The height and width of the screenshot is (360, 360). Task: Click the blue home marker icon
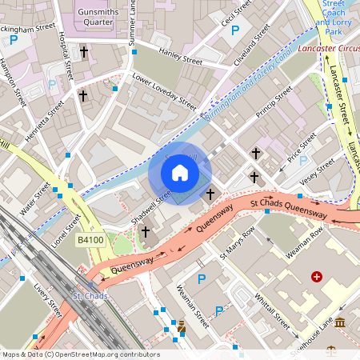[x=180, y=172]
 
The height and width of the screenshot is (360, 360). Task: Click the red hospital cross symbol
[x=317, y=277]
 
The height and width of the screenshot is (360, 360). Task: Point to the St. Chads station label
[x=90, y=297]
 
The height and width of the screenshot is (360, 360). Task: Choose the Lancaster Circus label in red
[x=329, y=50]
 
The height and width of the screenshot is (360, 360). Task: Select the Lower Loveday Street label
[x=164, y=92]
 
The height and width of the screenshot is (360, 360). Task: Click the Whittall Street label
[x=272, y=306]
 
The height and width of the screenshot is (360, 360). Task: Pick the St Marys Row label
[x=238, y=245]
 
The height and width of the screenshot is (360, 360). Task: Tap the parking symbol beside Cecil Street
[x=235, y=30]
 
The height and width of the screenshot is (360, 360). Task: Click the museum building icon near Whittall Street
[x=340, y=322]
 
